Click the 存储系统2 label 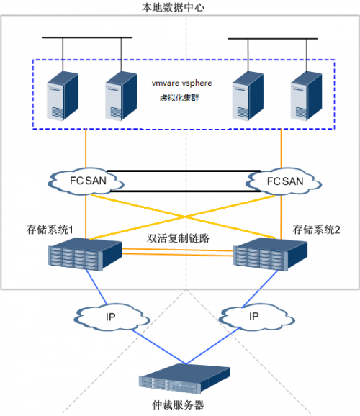click(315, 229)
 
